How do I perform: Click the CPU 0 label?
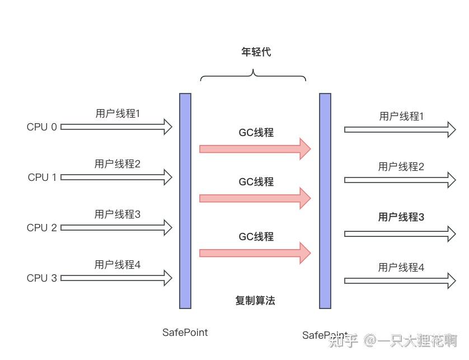(41, 127)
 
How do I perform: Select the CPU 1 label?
(42, 177)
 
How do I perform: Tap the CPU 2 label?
(41, 228)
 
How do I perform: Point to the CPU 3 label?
(41, 278)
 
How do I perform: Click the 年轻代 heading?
(256, 52)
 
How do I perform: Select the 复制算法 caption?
(255, 301)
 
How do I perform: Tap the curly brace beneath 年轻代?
(253, 76)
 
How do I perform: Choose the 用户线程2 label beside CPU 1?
(117, 164)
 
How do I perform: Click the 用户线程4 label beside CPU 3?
(117, 264)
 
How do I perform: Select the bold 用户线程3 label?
(401, 217)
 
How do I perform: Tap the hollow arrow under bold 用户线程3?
(400, 234)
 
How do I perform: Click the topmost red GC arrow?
(255, 149)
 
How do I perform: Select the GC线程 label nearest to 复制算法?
(256, 237)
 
